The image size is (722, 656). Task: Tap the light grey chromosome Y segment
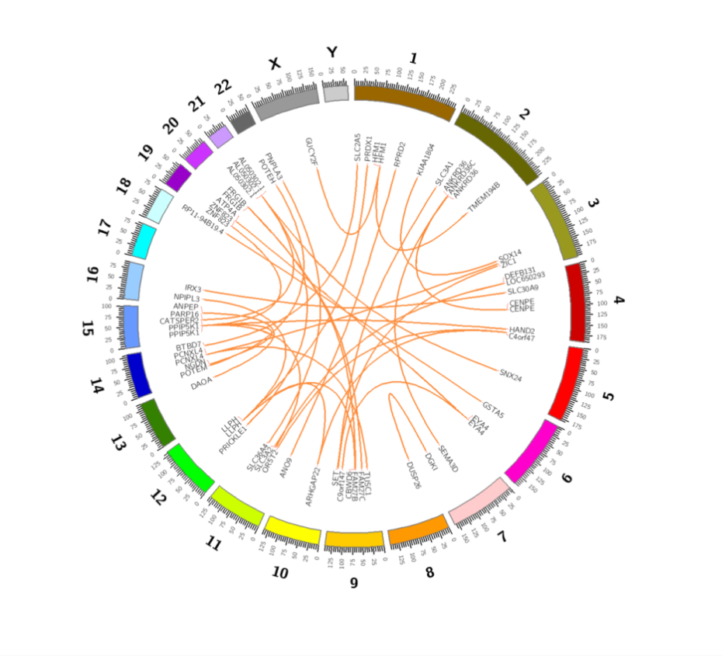[335, 93]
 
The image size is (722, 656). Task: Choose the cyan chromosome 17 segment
[145, 240]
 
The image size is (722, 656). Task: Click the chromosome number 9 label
[354, 582]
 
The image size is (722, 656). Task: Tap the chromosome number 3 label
[594, 203]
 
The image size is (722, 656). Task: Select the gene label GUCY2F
[312, 152]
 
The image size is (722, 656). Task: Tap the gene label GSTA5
[493, 409]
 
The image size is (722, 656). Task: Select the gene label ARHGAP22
[314, 487]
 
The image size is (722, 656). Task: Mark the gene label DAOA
[201, 382]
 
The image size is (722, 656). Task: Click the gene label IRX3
[193, 289]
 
